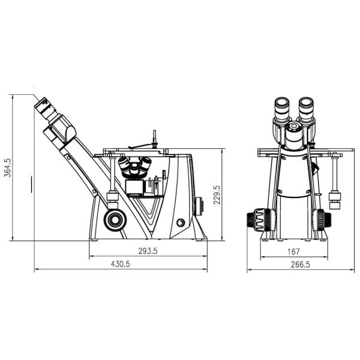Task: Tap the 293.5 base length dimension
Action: (146, 251)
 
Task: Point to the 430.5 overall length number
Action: (120, 265)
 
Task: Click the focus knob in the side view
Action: (113, 220)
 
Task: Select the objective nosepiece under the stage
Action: (136, 167)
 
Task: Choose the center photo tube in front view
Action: (294, 135)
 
